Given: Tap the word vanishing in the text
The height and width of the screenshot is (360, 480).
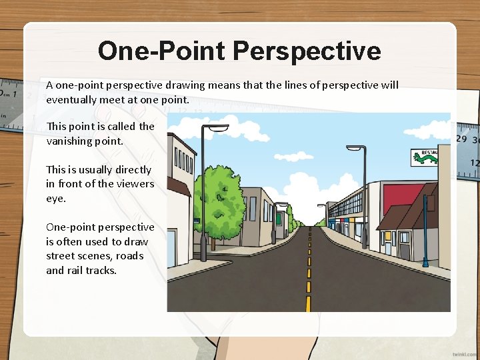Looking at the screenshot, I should [67, 141].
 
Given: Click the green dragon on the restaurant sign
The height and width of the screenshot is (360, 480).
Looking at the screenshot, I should [425, 157].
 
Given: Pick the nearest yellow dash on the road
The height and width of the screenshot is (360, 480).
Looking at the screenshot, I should [308, 303].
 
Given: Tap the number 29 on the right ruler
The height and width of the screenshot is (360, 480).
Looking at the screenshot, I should [461, 139].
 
